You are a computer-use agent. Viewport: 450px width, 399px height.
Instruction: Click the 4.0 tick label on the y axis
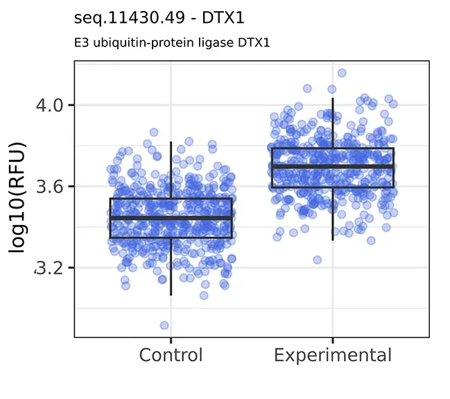tap(49, 105)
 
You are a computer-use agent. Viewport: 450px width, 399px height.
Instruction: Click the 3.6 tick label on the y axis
tap(49, 186)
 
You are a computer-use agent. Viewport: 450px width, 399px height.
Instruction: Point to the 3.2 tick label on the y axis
tap(49, 267)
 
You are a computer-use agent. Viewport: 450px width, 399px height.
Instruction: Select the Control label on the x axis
tap(171, 355)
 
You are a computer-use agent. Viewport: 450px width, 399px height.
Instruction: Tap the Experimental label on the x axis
tap(332, 355)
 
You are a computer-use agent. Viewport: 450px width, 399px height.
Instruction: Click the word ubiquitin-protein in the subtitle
tap(130, 43)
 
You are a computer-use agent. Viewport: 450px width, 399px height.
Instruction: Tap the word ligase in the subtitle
tap(196, 43)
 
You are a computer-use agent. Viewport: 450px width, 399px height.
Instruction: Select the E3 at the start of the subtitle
tap(79, 43)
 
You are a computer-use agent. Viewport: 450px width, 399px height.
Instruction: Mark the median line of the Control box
tap(171, 218)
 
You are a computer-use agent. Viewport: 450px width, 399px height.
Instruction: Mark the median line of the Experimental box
tap(332, 166)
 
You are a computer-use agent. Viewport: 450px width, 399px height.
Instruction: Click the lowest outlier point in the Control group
tap(164, 325)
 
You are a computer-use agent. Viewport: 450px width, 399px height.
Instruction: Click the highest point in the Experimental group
tap(342, 73)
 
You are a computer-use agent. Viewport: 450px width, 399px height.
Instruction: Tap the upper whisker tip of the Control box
tap(171, 142)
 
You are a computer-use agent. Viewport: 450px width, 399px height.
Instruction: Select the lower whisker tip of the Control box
tap(171, 294)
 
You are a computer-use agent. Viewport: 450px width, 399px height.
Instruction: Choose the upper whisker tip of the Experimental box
tap(332, 98)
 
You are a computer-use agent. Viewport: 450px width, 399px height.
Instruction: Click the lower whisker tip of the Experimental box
tap(332, 240)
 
